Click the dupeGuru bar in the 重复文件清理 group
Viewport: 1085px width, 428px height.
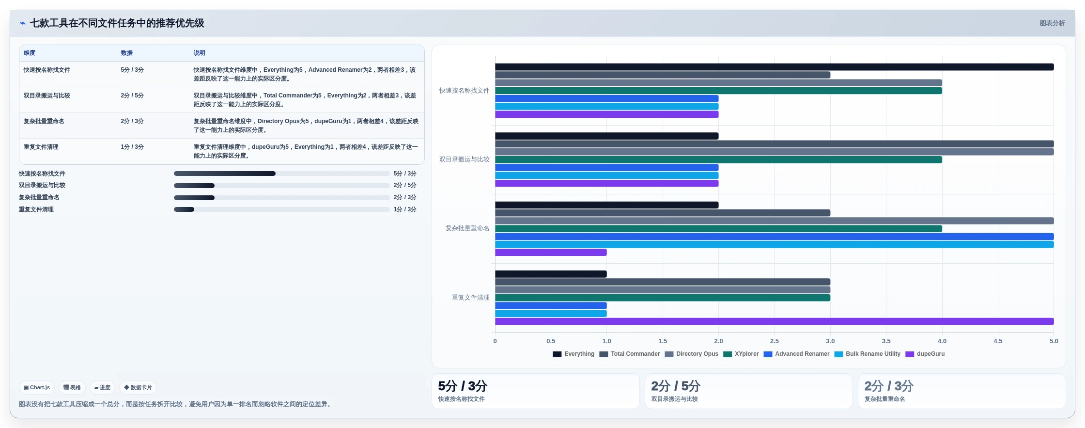pyautogui.click(x=774, y=321)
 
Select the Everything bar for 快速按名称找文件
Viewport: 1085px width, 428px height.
pyautogui.click(x=774, y=67)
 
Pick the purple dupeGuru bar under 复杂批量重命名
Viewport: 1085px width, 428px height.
pyautogui.click(x=551, y=253)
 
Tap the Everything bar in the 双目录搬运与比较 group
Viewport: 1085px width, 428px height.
pyautogui.click(x=606, y=136)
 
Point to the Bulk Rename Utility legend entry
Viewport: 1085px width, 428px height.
pyautogui.click(x=867, y=354)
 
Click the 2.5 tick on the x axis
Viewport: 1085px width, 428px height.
pyautogui.click(x=775, y=341)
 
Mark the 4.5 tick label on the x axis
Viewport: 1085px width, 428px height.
pyautogui.click(x=998, y=341)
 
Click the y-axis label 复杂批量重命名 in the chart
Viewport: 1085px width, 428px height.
pyautogui.click(x=467, y=228)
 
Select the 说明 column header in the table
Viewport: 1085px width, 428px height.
pyautogui.click(x=200, y=53)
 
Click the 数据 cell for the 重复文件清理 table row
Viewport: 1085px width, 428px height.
pyautogui.click(x=132, y=147)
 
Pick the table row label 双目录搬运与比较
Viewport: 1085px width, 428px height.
pyautogui.click(x=47, y=95)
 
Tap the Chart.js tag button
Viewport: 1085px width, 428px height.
pyautogui.click(x=37, y=388)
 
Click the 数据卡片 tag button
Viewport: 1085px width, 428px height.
pyautogui.click(x=138, y=388)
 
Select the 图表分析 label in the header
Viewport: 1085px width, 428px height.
pyautogui.click(x=1052, y=23)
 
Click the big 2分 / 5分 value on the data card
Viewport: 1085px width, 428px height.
pyautogui.click(x=676, y=386)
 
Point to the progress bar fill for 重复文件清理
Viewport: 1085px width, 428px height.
pyautogui.click(x=184, y=209)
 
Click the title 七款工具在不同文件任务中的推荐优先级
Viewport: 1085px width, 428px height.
pyautogui.click(x=117, y=23)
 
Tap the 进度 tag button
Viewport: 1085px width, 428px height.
pyautogui.click(x=102, y=388)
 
